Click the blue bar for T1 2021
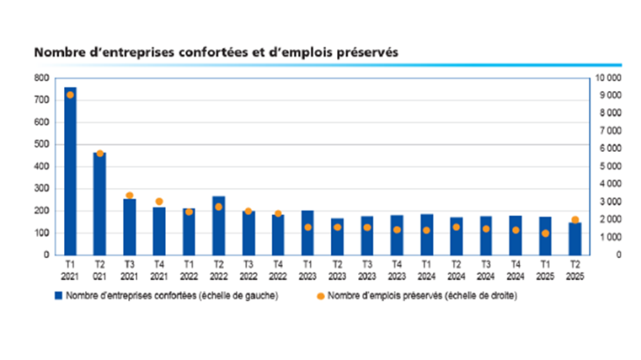(x=70, y=171)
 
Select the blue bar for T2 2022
(x=219, y=226)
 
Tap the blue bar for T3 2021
(x=129, y=227)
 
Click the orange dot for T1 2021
(x=70, y=95)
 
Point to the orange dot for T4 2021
(x=159, y=202)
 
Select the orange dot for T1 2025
(x=544, y=234)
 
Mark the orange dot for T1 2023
(x=307, y=227)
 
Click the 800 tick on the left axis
(x=41, y=78)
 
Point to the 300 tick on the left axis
(x=41, y=189)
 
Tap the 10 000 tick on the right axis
(x=608, y=78)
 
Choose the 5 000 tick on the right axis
(x=609, y=167)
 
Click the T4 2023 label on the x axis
(x=396, y=270)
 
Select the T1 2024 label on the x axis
(x=426, y=270)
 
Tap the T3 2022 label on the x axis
(x=248, y=270)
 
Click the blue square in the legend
(x=61, y=296)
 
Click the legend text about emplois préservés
(x=422, y=296)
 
